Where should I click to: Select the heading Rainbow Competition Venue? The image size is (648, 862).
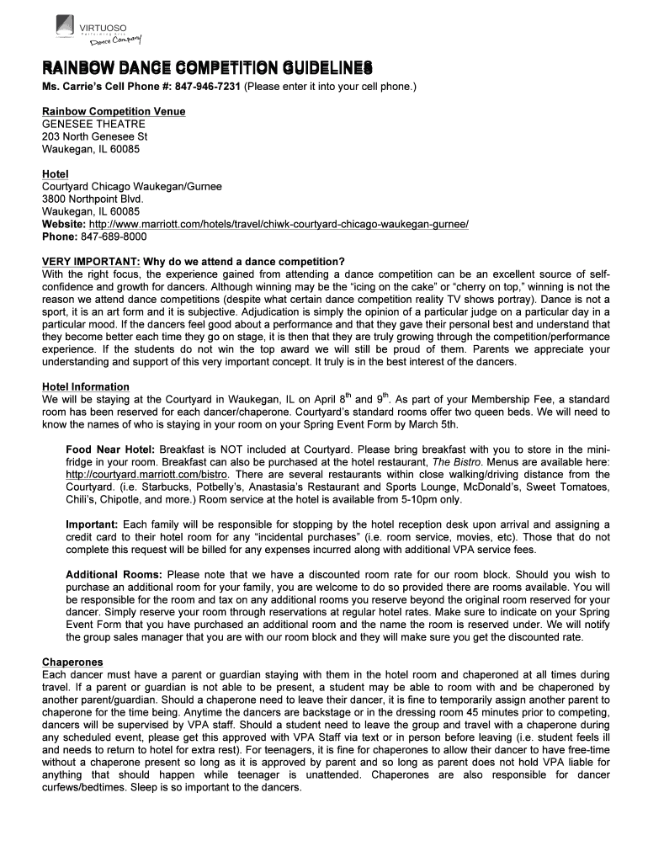[114, 111]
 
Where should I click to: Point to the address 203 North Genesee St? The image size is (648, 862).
[95, 136]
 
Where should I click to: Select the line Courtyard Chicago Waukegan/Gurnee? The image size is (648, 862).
[132, 187]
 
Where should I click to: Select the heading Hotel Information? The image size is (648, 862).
[86, 386]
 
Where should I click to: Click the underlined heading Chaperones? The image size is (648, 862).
[72, 662]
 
